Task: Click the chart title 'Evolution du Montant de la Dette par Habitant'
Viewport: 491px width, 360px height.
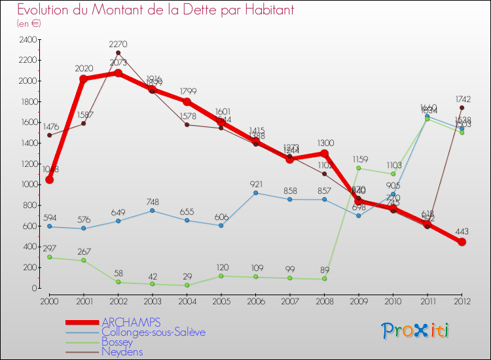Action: click(155, 10)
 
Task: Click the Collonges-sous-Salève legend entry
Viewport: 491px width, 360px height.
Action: click(153, 332)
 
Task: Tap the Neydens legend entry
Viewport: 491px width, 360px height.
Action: click(122, 351)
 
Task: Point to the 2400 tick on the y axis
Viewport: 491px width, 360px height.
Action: click(27, 39)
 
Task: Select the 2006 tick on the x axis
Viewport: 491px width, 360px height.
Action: click(255, 300)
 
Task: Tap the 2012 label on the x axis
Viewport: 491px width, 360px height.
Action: click(462, 300)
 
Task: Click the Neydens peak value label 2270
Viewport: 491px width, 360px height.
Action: click(118, 45)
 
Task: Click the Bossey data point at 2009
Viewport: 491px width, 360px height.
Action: click(358, 168)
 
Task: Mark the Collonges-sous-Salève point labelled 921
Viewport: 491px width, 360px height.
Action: click(255, 192)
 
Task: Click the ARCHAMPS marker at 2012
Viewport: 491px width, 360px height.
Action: click(462, 242)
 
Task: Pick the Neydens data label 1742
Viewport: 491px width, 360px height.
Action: click(463, 99)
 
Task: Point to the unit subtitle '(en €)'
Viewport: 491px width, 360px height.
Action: click(29, 24)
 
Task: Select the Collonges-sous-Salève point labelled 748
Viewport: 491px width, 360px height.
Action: click(152, 210)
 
